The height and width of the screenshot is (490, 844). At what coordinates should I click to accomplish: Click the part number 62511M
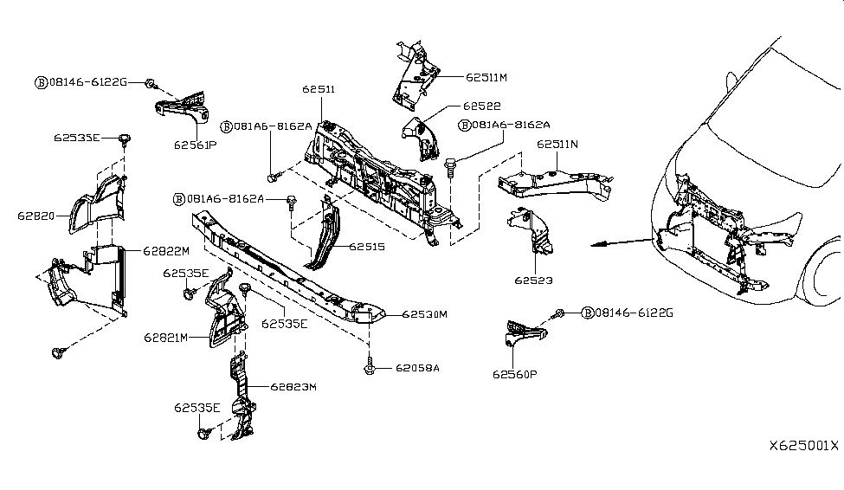[486, 77]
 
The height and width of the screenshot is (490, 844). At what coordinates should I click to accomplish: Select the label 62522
[481, 106]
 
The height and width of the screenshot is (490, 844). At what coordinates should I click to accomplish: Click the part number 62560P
[517, 375]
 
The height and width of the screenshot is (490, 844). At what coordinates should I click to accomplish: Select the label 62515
[367, 247]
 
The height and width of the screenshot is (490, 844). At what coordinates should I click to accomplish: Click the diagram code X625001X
[804, 446]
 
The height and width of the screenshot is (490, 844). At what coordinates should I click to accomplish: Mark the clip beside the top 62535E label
[125, 139]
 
